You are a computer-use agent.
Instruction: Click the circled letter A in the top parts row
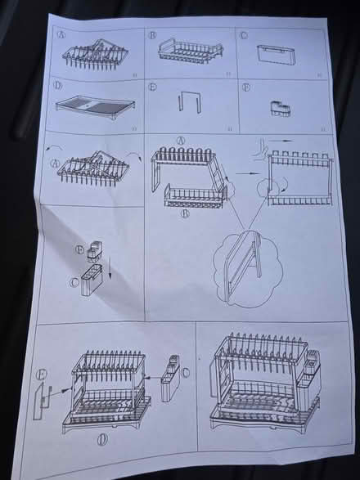coord(62,35)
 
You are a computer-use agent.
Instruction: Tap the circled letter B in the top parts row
coord(153,35)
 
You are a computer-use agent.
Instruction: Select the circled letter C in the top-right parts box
coord(244,34)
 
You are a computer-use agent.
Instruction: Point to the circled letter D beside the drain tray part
coord(58,85)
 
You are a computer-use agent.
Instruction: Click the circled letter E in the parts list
coord(153,86)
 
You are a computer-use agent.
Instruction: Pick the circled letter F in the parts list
coord(245,86)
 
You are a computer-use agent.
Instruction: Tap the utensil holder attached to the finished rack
coord(312,372)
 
